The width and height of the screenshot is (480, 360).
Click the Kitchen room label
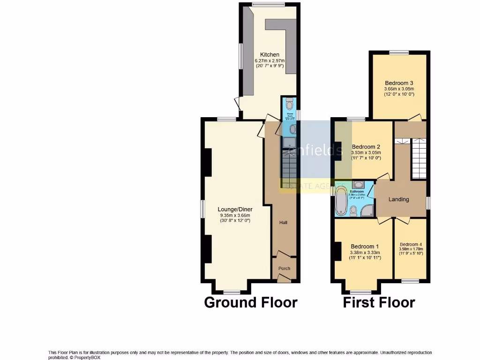[270, 55]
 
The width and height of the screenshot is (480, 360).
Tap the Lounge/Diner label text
[235, 209]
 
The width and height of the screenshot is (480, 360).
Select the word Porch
[284, 269]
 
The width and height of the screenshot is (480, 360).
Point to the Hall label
[283, 222]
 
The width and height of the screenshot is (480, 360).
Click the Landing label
[399, 199]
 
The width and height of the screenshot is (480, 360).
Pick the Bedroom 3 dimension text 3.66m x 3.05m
[399, 89]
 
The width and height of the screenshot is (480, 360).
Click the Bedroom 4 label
[411, 244]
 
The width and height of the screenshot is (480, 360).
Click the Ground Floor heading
[250, 303]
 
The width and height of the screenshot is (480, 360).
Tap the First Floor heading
[379, 303]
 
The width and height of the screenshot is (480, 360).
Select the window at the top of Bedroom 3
[398, 52]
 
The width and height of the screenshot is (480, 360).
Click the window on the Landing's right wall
[427, 202]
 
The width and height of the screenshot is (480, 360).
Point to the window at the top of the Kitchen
[268, 4]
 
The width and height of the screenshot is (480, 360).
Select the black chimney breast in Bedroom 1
[337, 251]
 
